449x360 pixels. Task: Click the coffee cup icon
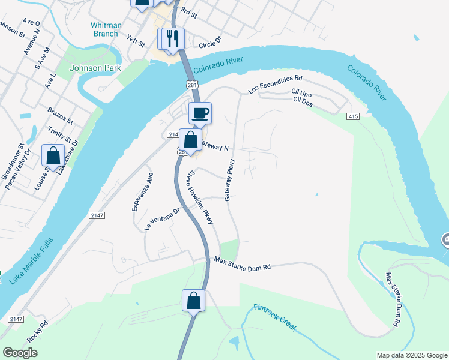[200, 112]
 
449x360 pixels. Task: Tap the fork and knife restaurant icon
[173, 38]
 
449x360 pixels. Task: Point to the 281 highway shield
[191, 86]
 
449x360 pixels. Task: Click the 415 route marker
[352, 115]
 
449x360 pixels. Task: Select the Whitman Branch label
[105, 29]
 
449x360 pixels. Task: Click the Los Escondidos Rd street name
[276, 85]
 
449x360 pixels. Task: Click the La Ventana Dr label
[162, 220]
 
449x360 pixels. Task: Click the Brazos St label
[60, 116]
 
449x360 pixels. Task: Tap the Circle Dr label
[210, 42]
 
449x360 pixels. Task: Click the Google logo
[20, 352]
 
